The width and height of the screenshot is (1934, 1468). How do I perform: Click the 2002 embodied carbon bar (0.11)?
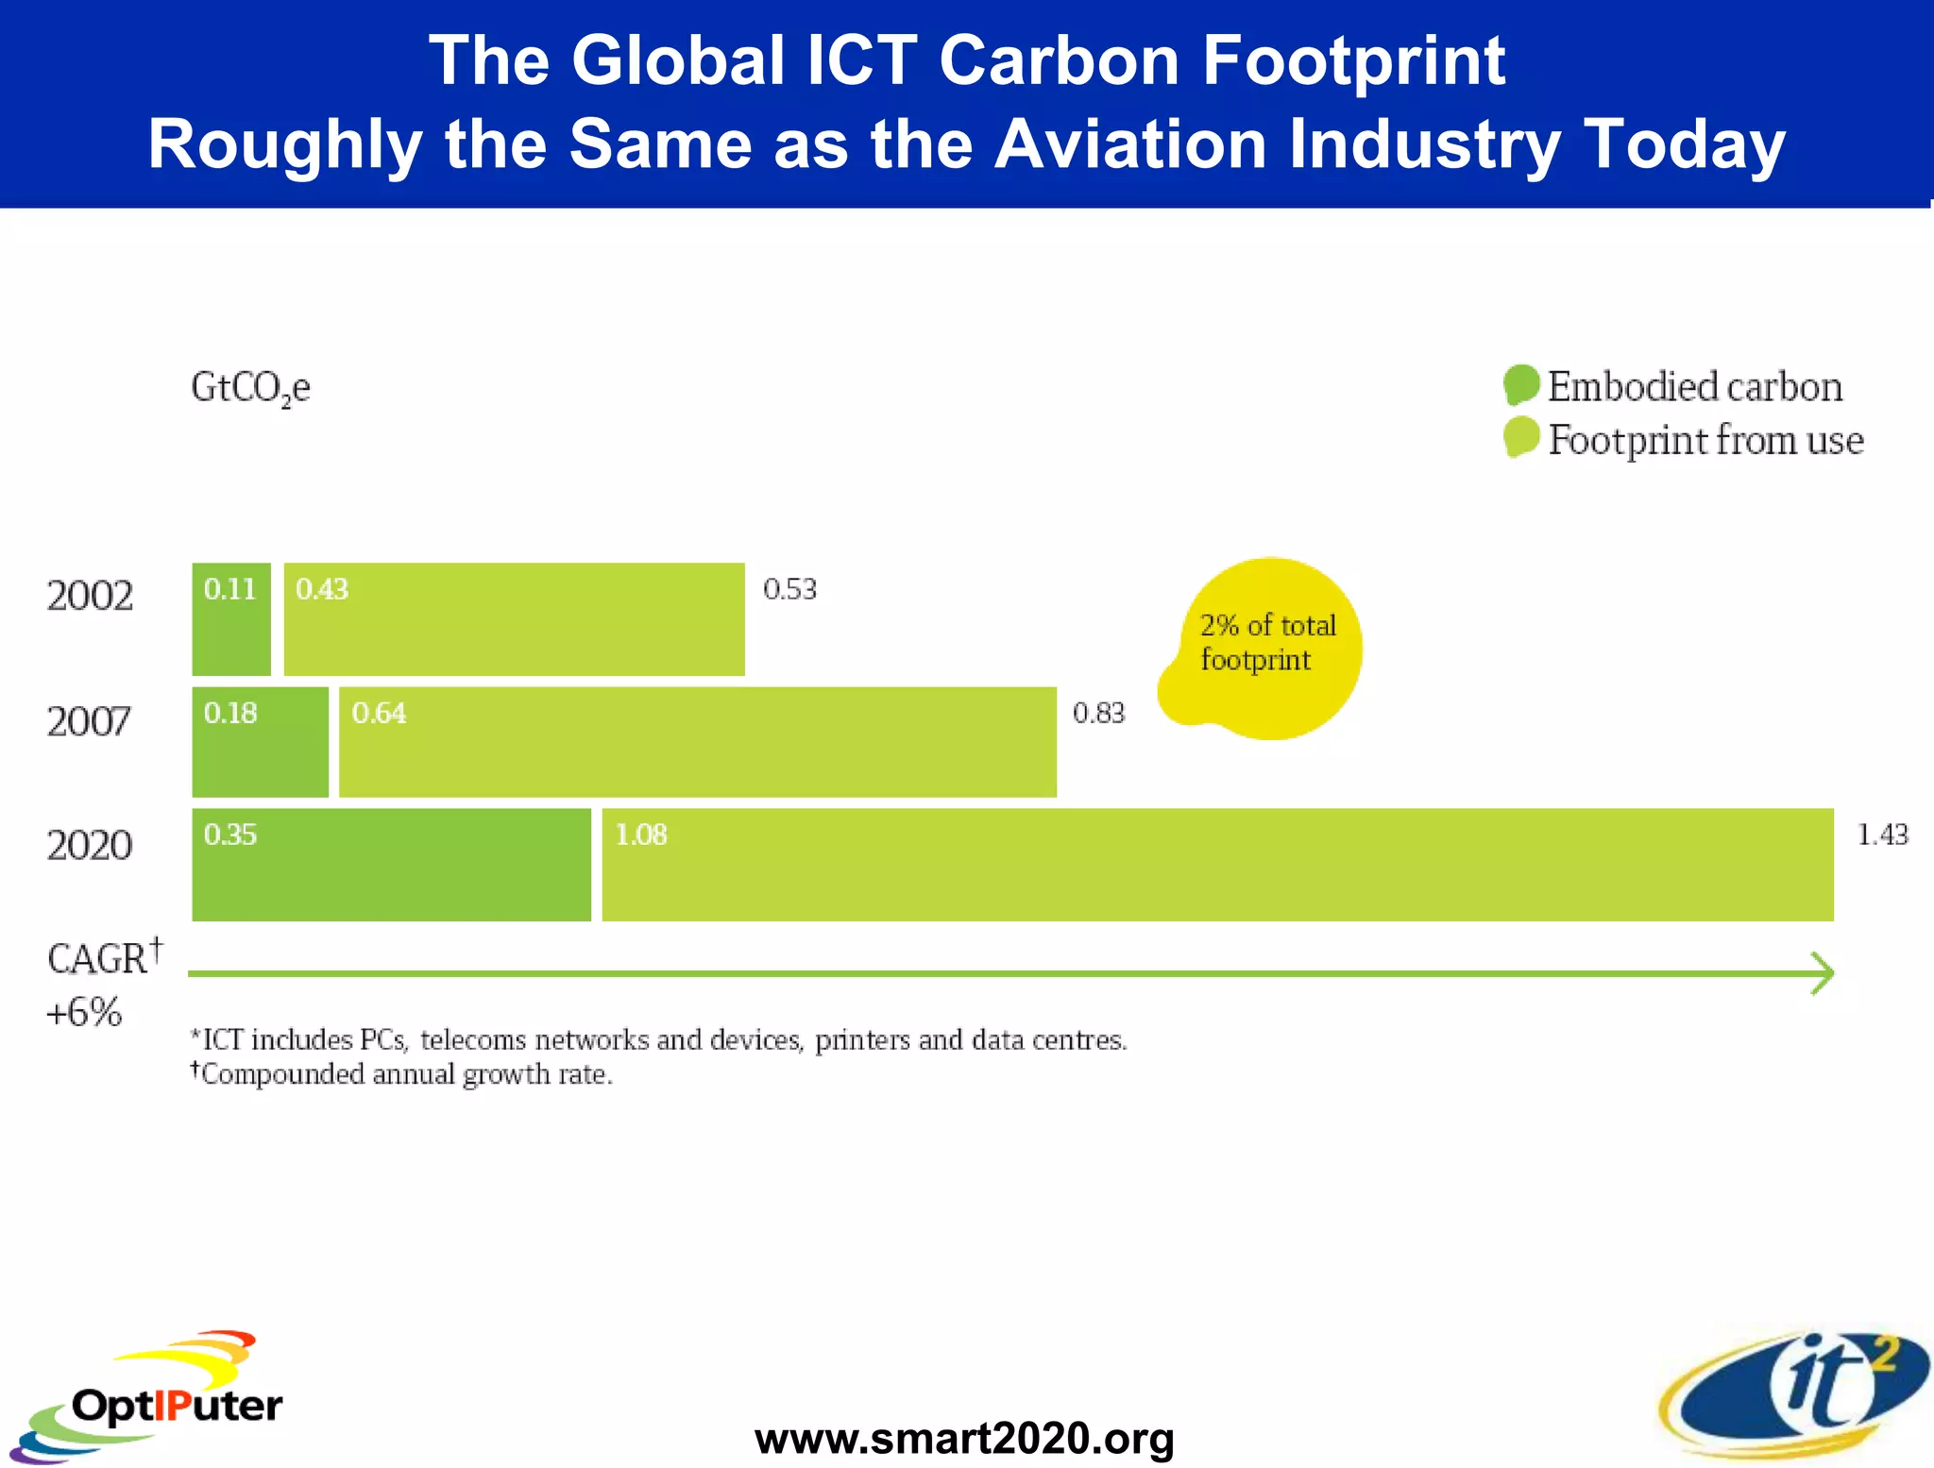coord(231,619)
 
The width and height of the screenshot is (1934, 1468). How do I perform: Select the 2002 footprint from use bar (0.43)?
coord(514,619)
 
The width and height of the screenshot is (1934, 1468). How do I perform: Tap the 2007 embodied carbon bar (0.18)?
coord(260,742)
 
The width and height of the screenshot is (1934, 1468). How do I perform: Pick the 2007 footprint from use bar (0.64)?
coord(697,742)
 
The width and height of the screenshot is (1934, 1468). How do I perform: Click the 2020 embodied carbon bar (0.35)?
coord(391,865)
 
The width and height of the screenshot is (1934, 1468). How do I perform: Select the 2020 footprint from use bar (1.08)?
coord(1217,865)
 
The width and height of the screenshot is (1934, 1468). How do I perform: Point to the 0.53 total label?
coord(789,589)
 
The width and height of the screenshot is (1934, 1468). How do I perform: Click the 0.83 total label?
coord(1098,713)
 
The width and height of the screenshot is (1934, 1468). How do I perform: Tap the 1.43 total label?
coord(1882,835)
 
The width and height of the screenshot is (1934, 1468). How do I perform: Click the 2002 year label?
coord(90,596)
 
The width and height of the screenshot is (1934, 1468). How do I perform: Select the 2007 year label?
coord(89,722)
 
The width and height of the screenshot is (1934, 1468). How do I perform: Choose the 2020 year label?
coord(90,845)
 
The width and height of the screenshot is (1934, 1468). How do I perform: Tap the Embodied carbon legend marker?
coord(1521,385)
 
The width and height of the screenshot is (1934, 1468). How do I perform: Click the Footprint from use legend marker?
coord(1521,438)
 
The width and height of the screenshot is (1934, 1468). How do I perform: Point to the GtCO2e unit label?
coord(250,388)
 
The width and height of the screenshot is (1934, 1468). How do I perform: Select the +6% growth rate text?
coord(84,1012)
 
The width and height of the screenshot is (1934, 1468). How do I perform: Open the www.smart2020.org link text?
coord(964,1439)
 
